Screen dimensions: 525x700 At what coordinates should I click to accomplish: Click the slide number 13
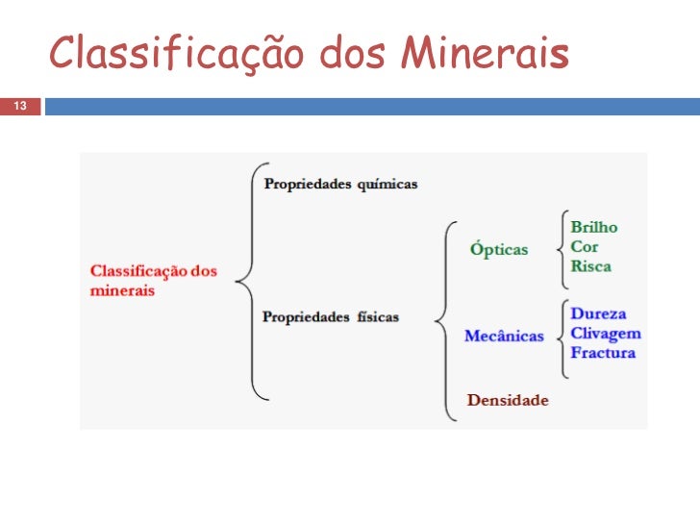pyautogui.click(x=19, y=105)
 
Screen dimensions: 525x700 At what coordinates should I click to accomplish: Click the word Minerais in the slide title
pyautogui.click(x=485, y=55)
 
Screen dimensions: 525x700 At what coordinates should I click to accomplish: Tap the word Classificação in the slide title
pyautogui.click(x=178, y=55)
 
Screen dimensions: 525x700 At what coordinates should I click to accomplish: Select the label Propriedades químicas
pyautogui.click(x=340, y=184)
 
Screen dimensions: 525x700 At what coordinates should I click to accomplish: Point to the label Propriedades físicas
pyautogui.click(x=331, y=316)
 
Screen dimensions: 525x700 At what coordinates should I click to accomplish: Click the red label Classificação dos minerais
pyautogui.click(x=153, y=280)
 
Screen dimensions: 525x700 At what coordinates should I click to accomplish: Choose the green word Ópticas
pyautogui.click(x=499, y=250)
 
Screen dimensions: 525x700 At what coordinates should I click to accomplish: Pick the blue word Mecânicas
pyautogui.click(x=504, y=337)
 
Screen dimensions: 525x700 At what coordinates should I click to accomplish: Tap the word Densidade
pyautogui.click(x=508, y=400)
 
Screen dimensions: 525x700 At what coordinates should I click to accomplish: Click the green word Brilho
pyautogui.click(x=594, y=228)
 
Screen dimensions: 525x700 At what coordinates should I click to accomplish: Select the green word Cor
pyautogui.click(x=585, y=247)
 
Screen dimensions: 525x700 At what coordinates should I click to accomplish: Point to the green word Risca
pyautogui.click(x=590, y=266)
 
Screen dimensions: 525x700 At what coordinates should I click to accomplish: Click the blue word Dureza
pyautogui.click(x=598, y=313)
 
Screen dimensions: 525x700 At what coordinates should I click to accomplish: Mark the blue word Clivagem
pyautogui.click(x=606, y=334)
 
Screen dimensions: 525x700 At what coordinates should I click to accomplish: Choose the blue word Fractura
pyautogui.click(x=603, y=353)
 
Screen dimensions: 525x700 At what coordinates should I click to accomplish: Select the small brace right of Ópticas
pyautogui.click(x=562, y=247)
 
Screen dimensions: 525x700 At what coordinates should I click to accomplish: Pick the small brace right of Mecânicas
pyautogui.click(x=562, y=336)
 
